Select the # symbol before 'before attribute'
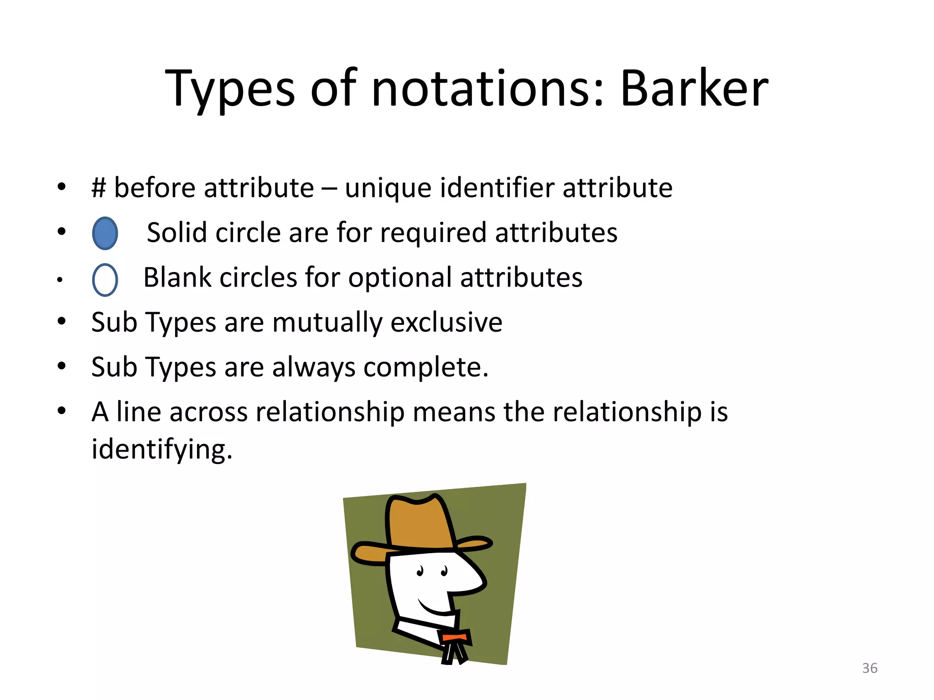99,188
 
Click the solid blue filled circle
105,233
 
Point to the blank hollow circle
105,280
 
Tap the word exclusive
446,322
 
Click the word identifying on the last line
162,449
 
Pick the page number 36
870,668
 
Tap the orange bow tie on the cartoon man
454,637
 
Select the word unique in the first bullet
388,188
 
